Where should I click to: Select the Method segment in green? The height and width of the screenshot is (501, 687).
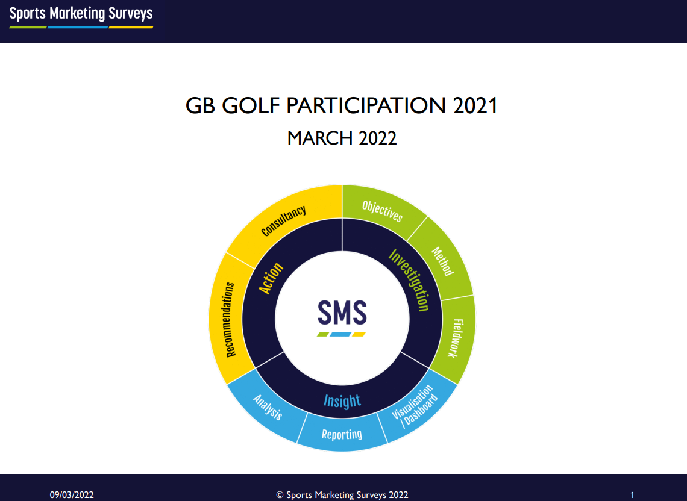point(442,261)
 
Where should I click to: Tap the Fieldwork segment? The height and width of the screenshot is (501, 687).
point(456,338)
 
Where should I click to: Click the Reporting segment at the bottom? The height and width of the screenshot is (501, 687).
point(342,434)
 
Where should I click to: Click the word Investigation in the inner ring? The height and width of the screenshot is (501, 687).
point(409,280)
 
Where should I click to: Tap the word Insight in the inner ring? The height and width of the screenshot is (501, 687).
point(342,400)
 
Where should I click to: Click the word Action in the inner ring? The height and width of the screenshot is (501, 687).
point(271,278)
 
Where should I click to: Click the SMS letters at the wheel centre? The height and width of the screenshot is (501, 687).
point(342,313)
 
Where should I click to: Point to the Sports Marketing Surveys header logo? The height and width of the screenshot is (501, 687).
point(81,17)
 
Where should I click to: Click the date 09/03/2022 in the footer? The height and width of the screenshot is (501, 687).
point(72,495)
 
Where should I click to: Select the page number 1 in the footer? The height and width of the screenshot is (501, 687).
point(632,495)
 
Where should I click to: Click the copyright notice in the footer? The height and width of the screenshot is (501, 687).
point(342,495)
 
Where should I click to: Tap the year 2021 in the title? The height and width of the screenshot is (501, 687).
point(475,105)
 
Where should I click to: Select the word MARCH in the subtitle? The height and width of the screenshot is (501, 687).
point(320,138)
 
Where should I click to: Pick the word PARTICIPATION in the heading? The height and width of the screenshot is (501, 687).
point(366,105)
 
